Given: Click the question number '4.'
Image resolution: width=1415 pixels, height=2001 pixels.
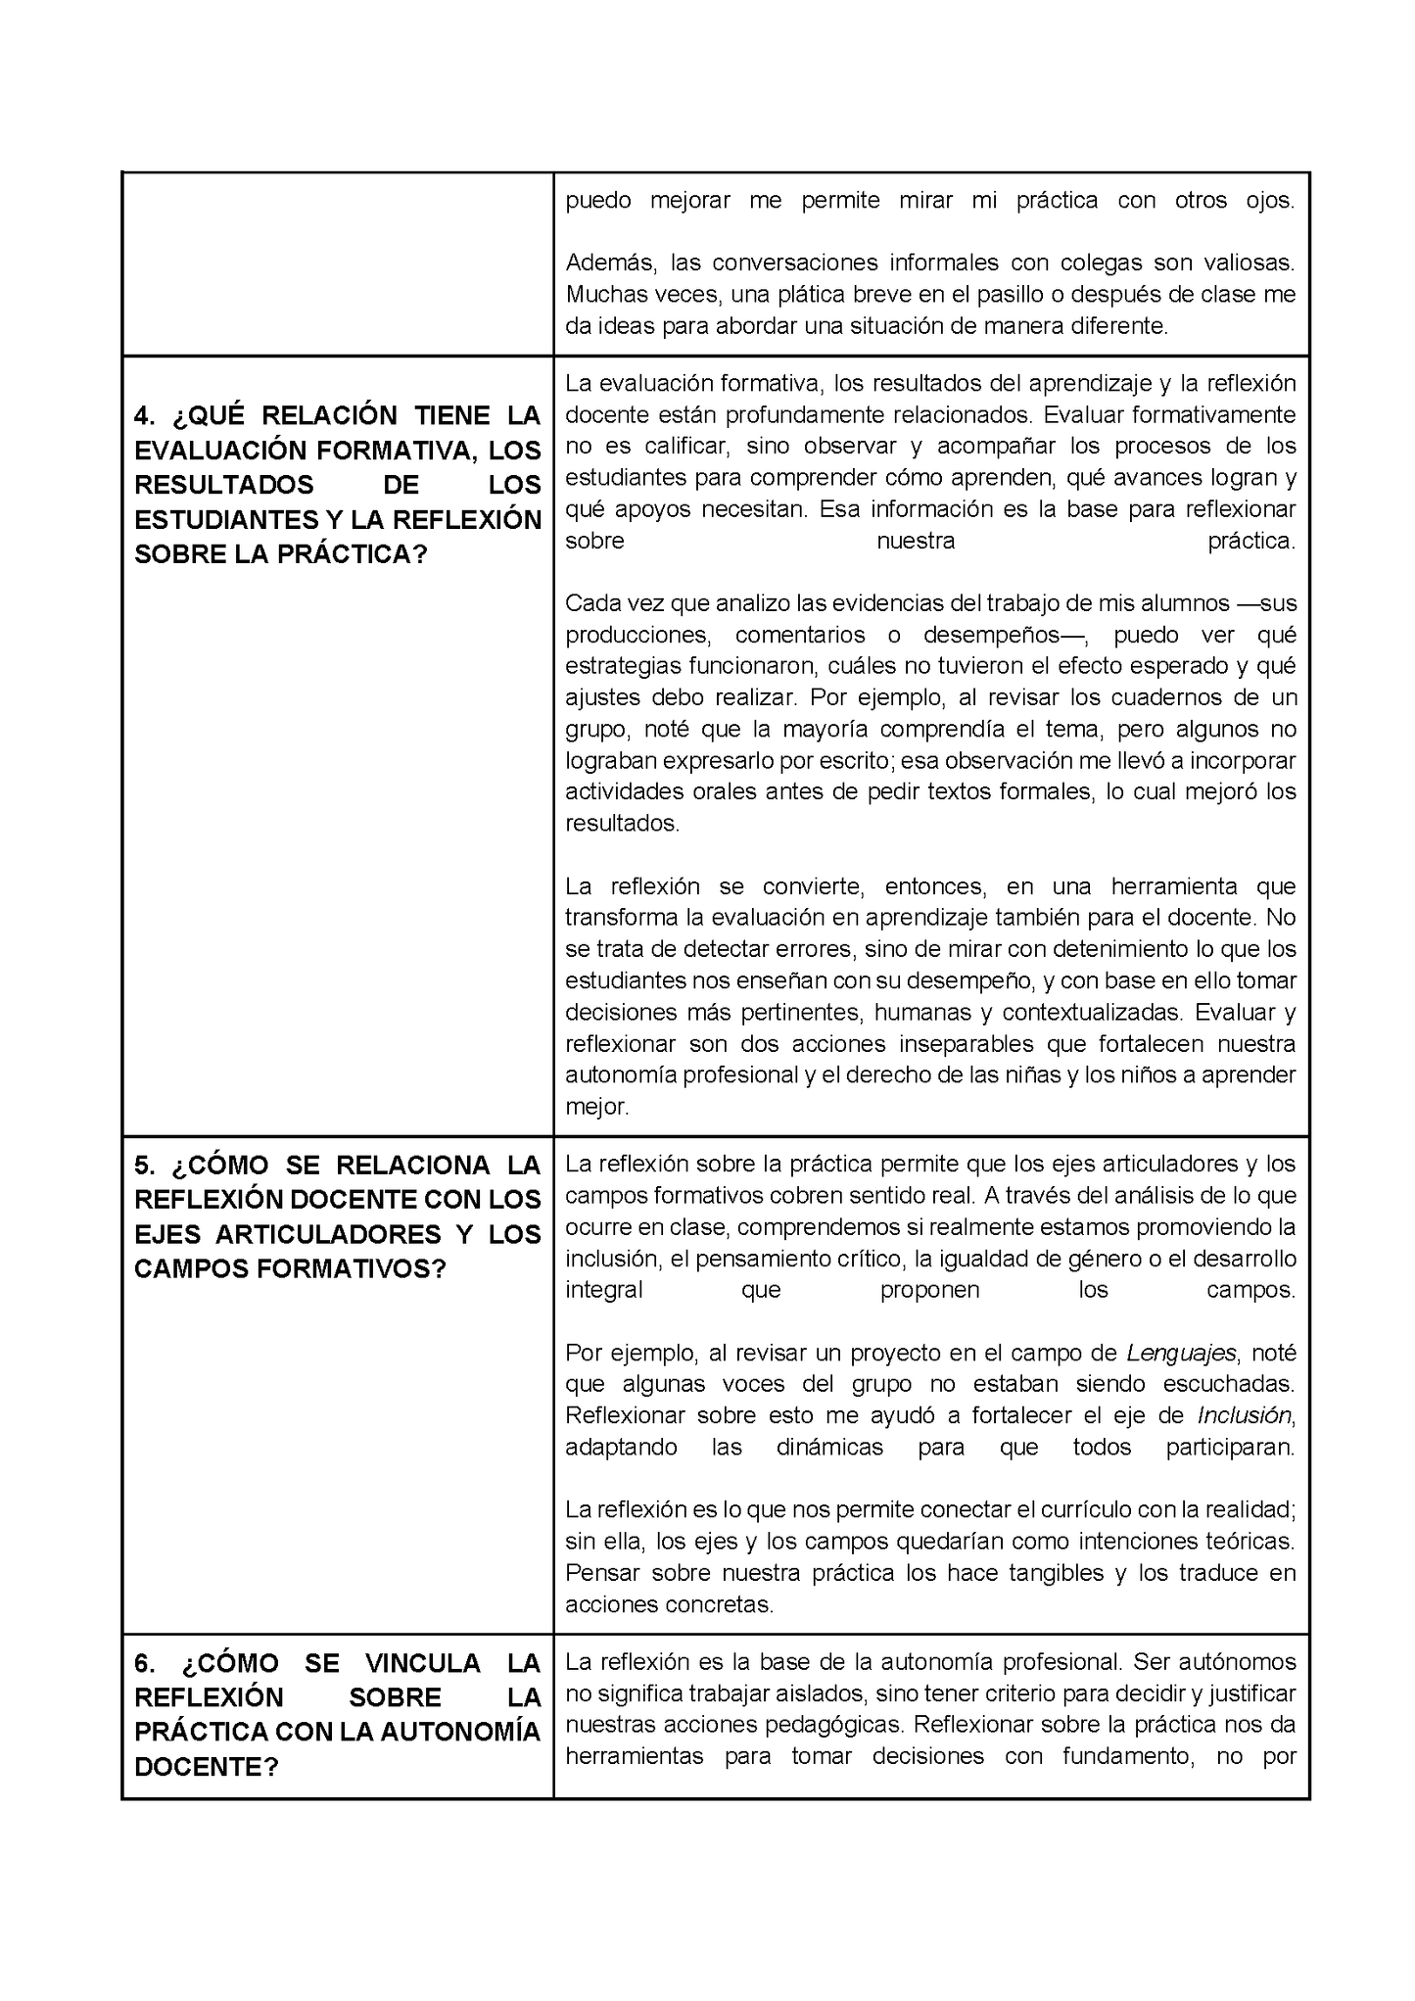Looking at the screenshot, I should pos(145,415).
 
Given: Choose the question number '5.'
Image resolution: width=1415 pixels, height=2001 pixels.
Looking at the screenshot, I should pos(145,1166).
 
